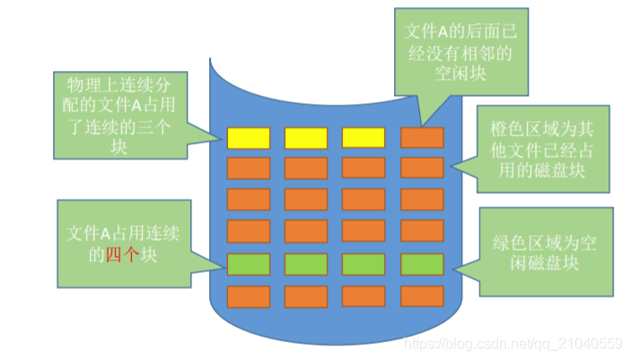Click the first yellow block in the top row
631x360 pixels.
249,137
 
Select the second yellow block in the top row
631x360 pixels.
306,137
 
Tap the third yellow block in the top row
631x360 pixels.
364,137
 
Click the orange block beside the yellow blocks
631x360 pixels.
421,137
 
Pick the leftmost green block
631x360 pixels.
249,264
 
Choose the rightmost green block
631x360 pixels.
421,264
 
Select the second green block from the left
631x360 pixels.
306,264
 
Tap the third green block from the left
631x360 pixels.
364,264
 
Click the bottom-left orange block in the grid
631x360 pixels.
249,295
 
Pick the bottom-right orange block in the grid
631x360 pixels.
421,295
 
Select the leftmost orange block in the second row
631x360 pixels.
249,168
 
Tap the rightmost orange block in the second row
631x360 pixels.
421,168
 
